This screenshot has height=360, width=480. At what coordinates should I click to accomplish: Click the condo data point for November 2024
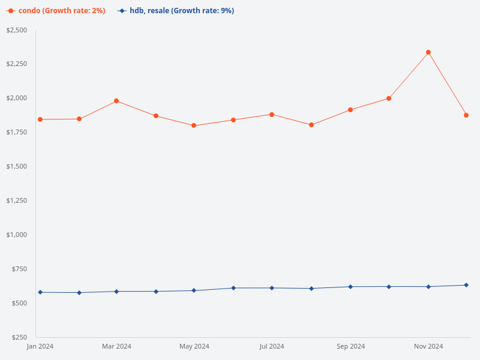[428, 52]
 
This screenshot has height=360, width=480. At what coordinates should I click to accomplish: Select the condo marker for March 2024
[116, 101]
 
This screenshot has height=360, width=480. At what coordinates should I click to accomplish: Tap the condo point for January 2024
[40, 119]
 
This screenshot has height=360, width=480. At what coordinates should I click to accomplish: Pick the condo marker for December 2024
[466, 115]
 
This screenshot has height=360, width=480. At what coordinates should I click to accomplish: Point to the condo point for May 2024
[194, 125]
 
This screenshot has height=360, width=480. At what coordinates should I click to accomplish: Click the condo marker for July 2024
[272, 114]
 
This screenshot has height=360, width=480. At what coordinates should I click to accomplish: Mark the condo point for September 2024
[350, 110]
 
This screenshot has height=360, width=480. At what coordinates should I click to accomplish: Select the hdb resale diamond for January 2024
[40, 292]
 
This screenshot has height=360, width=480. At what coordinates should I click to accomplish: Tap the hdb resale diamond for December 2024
[466, 285]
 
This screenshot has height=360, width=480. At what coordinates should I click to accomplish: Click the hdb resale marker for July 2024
[272, 288]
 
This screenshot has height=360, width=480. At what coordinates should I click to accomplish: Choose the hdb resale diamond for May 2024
[194, 290]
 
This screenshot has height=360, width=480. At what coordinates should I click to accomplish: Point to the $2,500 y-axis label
[16, 30]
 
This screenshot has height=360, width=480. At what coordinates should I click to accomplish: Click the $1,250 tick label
[16, 200]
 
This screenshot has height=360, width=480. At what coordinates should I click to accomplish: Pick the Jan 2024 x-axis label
[40, 346]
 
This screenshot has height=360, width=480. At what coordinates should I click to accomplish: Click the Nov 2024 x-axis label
[428, 346]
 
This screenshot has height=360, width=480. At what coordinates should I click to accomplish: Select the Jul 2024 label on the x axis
[272, 346]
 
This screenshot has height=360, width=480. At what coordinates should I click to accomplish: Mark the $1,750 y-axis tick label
[16, 132]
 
